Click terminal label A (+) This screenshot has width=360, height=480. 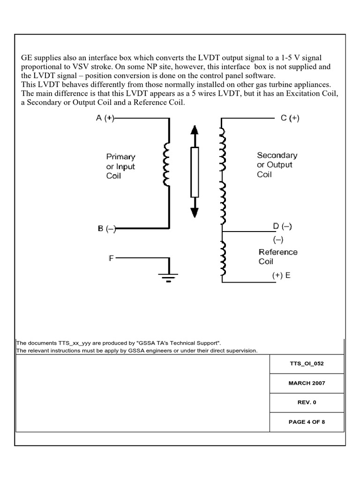tap(105, 119)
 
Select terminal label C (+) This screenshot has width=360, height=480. tap(290, 119)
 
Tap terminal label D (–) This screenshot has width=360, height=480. tap(282, 227)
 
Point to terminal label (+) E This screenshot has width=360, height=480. tap(281, 276)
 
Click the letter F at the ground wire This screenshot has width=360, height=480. tap(111, 258)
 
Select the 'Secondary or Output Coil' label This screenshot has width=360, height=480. tap(277, 165)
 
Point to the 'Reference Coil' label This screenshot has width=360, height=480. tap(278, 256)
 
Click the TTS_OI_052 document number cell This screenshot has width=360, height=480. tap(307, 363)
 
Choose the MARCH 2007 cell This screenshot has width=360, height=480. tap(307, 383)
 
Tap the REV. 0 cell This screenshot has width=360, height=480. tap(307, 402)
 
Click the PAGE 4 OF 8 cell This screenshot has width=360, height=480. tap(307, 422)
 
